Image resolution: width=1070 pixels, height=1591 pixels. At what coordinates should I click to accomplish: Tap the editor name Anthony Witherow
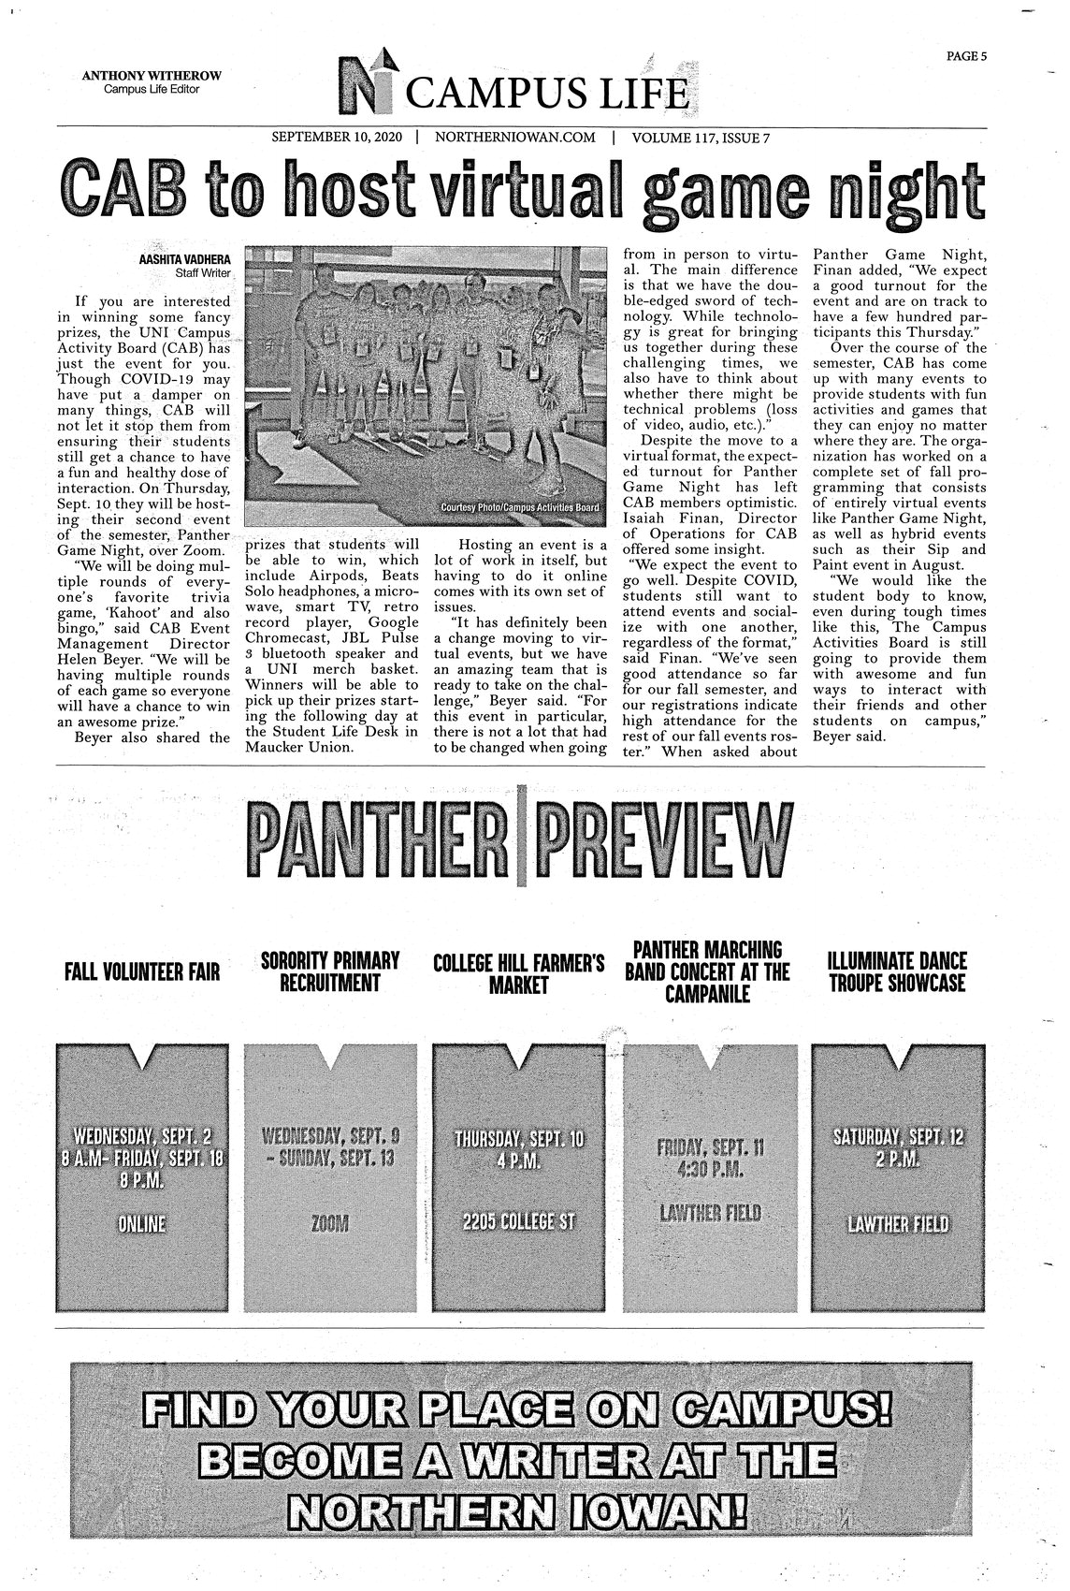pos(152,76)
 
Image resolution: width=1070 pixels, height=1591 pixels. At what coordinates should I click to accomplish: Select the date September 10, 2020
pos(336,138)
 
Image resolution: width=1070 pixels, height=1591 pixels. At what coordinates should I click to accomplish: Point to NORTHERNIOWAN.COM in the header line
pos(515,138)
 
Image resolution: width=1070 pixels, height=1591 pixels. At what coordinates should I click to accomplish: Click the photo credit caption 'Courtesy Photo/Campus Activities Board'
pos(519,507)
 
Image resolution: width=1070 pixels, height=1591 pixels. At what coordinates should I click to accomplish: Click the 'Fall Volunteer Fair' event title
pos(142,972)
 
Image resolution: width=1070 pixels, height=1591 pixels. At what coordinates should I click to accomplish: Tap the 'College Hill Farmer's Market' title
pos(519,972)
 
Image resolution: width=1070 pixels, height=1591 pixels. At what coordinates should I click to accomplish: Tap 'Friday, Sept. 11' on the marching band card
pos(708,1148)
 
